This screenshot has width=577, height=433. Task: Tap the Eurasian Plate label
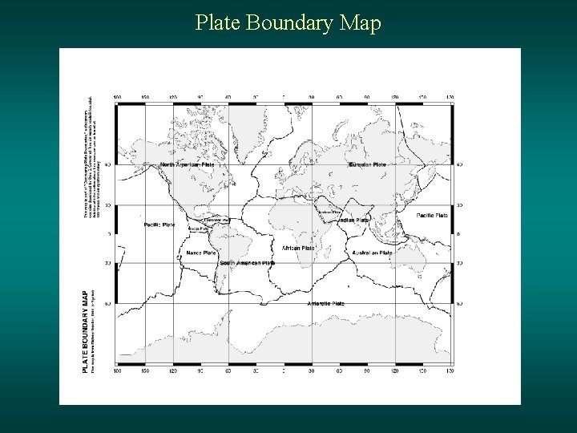point(368,164)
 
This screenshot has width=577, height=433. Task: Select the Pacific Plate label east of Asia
point(433,215)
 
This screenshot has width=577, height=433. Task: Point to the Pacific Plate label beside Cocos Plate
point(159,225)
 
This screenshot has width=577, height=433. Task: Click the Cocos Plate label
point(198,229)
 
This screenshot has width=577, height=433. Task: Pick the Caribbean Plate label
point(216,219)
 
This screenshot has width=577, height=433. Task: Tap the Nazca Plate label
point(201,253)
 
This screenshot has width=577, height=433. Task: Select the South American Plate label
point(247,262)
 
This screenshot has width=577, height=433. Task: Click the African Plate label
point(298,248)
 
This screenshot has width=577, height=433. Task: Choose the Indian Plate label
point(353,220)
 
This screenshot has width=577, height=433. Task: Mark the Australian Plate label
point(372,253)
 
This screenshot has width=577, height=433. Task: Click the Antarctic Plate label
point(325,303)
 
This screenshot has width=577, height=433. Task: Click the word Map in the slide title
point(359,23)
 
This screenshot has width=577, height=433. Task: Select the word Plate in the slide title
point(218,23)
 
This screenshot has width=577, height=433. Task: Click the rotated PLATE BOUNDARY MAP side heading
point(87,330)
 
